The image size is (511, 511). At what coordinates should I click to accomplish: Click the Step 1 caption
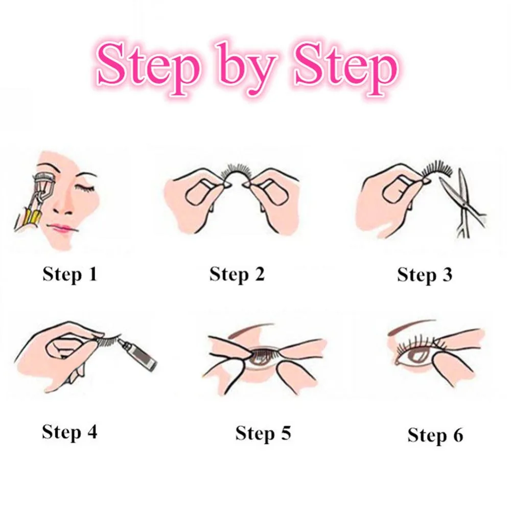(69, 274)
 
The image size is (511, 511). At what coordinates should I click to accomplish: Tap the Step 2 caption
(237, 274)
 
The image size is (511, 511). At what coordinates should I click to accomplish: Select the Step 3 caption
(425, 275)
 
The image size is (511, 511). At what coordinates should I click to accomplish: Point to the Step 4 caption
(69, 432)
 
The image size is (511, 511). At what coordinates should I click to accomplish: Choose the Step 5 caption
(263, 433)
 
